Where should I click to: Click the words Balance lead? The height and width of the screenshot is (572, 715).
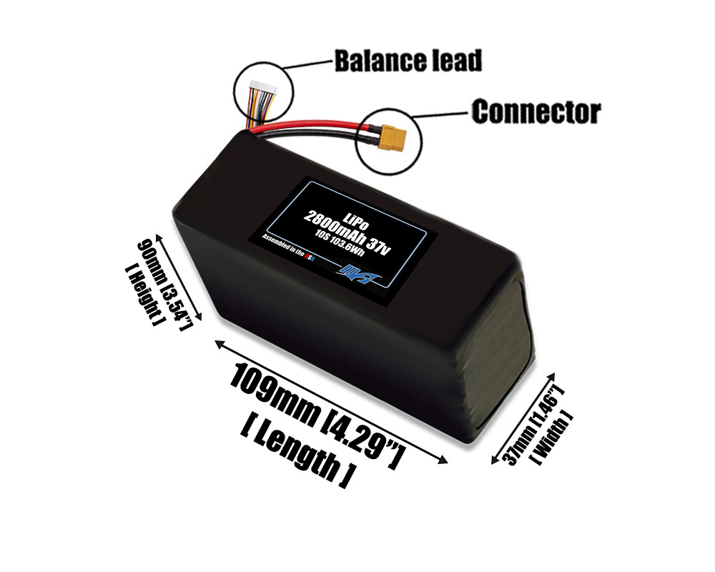point(408,60)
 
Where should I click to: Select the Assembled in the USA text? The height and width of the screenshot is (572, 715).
point(289,248)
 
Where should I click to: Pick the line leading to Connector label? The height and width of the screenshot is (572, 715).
point(443,114)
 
